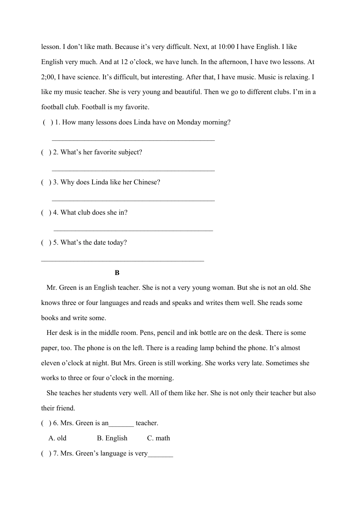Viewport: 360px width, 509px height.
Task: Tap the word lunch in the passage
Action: tap(189, 62)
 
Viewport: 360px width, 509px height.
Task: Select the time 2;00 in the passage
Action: tap(48, 77)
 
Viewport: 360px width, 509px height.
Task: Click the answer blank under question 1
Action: tap(133, 140)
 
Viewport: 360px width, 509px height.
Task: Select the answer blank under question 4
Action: tap(133, 230)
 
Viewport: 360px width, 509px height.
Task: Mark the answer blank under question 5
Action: tap(122, 260)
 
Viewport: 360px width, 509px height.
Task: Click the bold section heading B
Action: tap(117, 273)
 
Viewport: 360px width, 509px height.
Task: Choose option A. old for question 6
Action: tap(58, 438)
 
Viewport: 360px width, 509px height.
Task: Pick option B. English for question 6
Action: tap(112, 438)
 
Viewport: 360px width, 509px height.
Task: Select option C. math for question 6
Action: tap(158, 438)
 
